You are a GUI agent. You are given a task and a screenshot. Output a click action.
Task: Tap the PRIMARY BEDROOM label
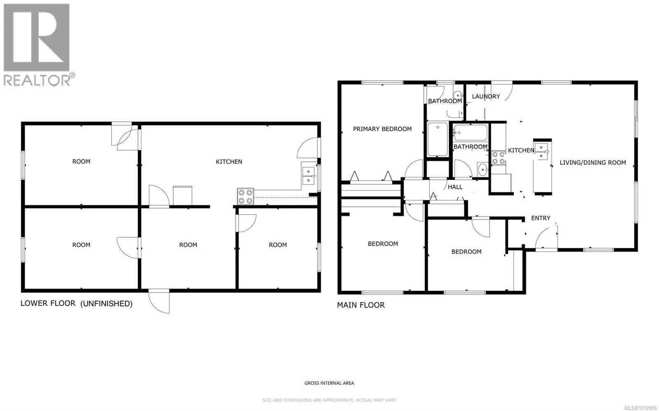point(382,129)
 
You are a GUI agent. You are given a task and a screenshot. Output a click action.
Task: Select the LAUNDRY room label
point(486,96)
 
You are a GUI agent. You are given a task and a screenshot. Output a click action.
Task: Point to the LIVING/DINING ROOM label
point(593,163)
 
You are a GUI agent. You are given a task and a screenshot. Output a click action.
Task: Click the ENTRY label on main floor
point(540,218)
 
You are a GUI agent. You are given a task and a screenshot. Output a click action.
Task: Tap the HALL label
point(455,187)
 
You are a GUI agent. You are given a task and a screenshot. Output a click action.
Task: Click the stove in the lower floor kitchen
point(245,196)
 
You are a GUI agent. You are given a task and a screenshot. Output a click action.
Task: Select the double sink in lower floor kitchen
point(308,176)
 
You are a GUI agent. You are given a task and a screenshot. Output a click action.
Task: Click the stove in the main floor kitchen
point(498,158)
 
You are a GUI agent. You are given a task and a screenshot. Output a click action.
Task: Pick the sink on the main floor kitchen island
point(541,151)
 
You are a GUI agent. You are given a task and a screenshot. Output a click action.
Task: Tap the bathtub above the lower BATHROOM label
point(470,132)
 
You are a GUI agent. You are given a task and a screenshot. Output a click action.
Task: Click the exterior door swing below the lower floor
point(159,302)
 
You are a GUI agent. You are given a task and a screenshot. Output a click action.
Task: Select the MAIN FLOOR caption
point(361,305)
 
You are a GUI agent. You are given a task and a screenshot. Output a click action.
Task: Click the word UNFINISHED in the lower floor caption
point(107,304)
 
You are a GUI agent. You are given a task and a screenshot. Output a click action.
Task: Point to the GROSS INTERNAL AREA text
point(329,383)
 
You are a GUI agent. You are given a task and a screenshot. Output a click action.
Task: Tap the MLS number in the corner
point(641,408)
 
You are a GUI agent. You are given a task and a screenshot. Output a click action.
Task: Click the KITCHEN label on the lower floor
point(229,162)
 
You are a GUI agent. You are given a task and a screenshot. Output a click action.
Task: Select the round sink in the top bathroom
point(458,95)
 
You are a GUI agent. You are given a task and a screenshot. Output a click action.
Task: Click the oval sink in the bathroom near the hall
point(482,170)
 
